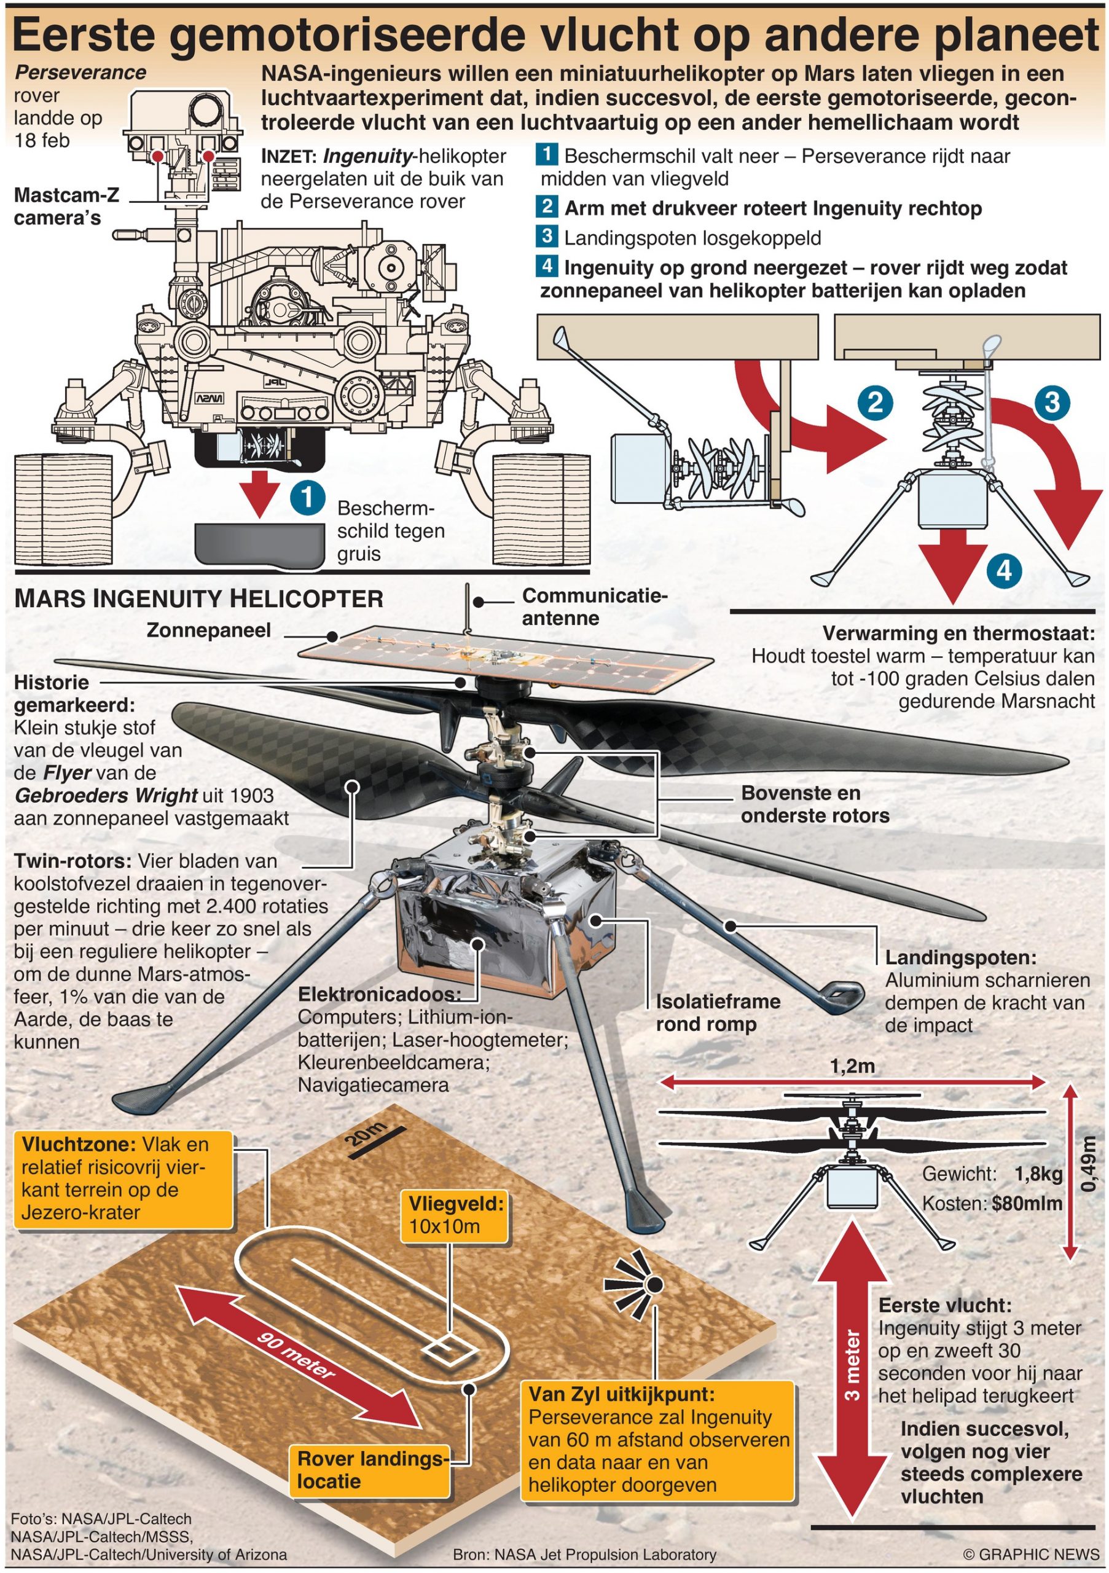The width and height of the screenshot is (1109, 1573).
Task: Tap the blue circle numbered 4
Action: coord(1003,570)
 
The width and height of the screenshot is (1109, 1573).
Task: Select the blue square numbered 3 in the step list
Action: coord(547,237)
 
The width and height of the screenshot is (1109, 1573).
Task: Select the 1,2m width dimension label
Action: coord(852,1066)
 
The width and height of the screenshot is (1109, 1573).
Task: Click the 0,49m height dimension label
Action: coord(1086,1164)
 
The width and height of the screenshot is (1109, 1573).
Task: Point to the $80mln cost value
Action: coord(1027,1203)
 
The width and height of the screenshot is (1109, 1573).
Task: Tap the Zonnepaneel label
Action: coord(208,630)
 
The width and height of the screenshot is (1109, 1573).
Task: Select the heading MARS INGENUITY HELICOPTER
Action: coord(198,598)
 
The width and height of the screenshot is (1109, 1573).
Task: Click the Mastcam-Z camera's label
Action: coord(66,206)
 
